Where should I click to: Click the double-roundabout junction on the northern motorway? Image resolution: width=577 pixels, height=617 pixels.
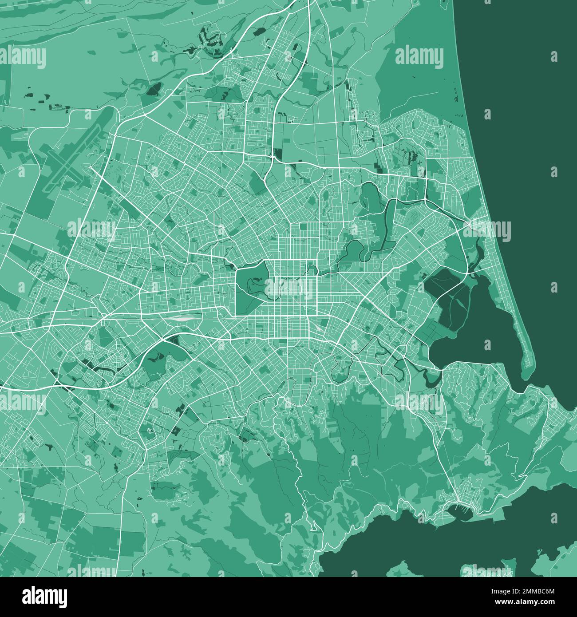point(275,155)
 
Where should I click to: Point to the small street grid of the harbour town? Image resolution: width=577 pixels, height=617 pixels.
point(462,499)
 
